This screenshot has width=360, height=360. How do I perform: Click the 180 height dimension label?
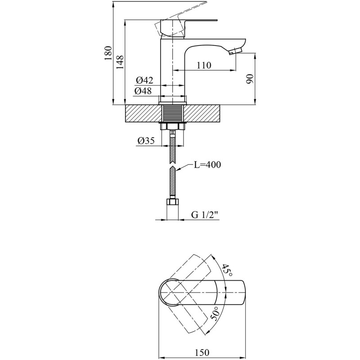click(x=108, y=53)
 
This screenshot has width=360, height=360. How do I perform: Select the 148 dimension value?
click(x=120, y=62)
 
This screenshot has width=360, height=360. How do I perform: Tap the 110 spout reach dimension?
click(x=204, y=65)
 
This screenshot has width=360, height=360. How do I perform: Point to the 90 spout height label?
click(x=250, y=79)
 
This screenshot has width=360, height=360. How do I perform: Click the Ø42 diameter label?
click(x=144, y=81)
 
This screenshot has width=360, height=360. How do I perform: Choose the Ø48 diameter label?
click(x=143, y=91)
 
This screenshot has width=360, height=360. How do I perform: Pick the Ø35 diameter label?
click(x=146, y=140)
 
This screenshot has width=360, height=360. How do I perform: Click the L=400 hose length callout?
click(x=207, y=164)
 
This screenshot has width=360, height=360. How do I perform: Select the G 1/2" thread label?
click(x=205, y=215)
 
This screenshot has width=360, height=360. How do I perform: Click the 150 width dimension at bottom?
click(x=202, y=352)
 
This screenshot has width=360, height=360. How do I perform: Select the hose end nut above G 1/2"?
click(x=173, y=202)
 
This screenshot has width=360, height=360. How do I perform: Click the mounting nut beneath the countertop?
click(x=173, y=126)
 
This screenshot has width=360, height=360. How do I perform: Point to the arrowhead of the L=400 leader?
click(x=176, y=170)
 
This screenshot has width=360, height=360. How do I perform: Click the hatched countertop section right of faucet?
click(x=202, y=113)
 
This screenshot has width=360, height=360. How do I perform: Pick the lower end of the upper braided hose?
click(x=173, y=163)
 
